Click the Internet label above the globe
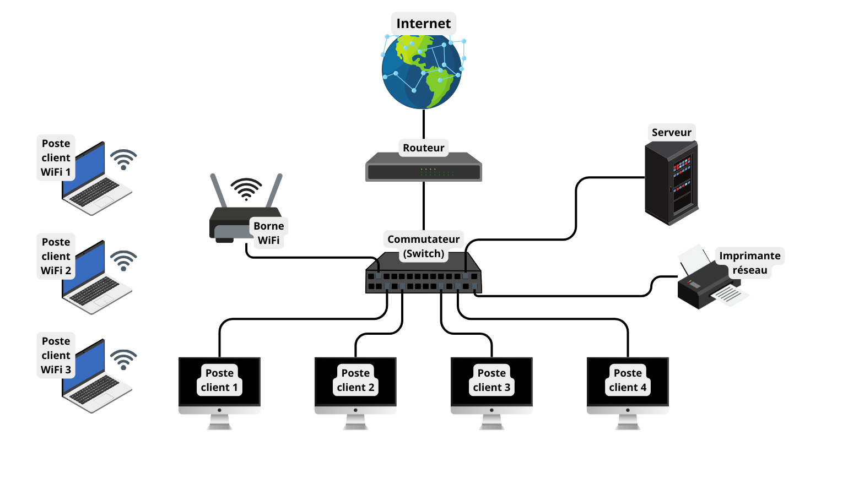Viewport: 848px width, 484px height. pos(423,24)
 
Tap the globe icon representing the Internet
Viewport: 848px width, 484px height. pos(422,72)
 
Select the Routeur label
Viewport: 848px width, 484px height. pos(423,148)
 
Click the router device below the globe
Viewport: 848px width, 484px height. pos(424,168)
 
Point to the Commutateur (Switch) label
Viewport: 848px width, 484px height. pos(423,246)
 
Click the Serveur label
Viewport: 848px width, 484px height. pos(671,132)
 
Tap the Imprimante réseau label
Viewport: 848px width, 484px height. pos(749,263)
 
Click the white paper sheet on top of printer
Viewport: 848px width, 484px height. pos(694,258)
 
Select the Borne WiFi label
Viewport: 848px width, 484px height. pos(269,233)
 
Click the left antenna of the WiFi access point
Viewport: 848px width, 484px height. pos(218,191)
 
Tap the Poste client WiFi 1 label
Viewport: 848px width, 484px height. pos(56,157)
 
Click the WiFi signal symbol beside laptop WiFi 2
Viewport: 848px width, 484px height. pos(123,260)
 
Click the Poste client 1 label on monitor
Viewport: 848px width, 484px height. pos(219,380)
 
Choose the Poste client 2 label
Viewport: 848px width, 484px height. pos(355,380)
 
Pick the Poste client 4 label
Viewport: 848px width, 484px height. pos(628,380)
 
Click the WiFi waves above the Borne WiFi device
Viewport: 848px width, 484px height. pos(246,189)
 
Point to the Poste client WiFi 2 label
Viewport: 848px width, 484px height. pos(56,256)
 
